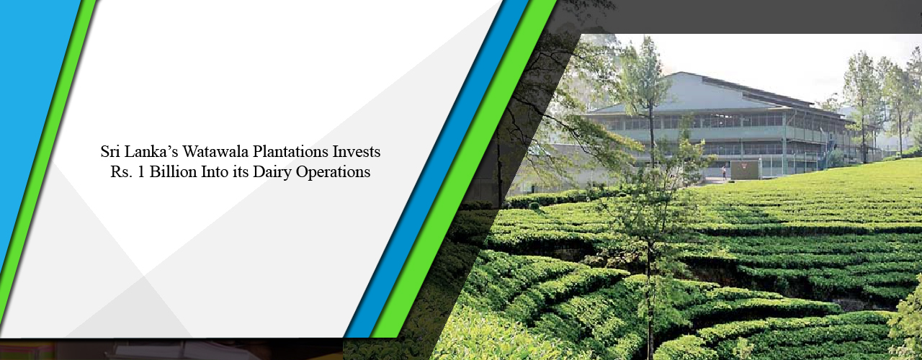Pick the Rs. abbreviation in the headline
tap(112, 172)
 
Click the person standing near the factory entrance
tap(724, 172)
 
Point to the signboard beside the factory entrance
tap(745, 169)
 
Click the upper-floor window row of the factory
tap(720, 121)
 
